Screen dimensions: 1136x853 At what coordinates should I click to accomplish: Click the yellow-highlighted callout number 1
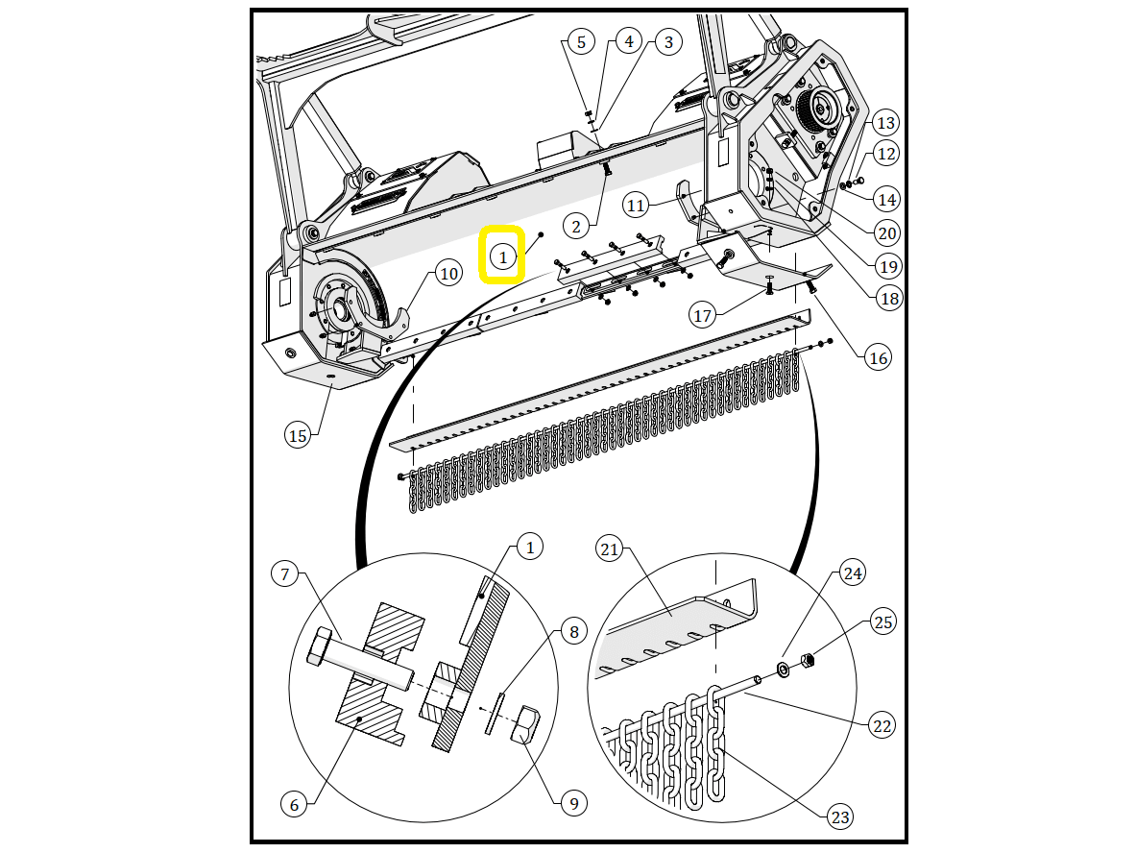tap(503, 256)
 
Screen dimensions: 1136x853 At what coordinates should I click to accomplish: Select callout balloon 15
tap(298, 435)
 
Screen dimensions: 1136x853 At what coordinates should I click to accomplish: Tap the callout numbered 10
tap(449, 273)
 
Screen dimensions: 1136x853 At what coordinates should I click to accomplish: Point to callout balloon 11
tap(636, 206)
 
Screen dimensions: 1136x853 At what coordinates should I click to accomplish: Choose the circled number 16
tap(878, 357)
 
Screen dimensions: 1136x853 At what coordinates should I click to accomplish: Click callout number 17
tap(702, 315)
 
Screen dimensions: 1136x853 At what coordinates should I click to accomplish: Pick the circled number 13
tap(885, 123)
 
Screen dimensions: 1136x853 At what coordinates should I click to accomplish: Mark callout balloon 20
tap(887, 233)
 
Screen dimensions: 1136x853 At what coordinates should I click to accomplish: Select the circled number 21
tap(610, 549)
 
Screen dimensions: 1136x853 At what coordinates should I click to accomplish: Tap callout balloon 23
tap(839, 816)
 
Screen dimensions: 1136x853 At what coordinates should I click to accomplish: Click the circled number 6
tap(294, 804)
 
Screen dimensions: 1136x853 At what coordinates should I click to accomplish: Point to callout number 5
tap(581, 42)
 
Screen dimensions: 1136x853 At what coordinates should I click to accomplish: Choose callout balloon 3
tap(668, 42)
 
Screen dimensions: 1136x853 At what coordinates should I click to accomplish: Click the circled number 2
tap(576, 227)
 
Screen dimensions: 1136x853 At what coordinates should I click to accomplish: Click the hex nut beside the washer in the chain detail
tap(807, 660)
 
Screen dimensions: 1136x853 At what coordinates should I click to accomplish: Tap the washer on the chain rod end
tap(784, 669)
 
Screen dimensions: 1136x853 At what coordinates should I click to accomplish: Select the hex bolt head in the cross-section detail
tap(319, 647)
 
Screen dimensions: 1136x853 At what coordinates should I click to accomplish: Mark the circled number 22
tap(882, 725)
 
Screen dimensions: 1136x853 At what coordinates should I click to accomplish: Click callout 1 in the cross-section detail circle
tap(530, 547)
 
